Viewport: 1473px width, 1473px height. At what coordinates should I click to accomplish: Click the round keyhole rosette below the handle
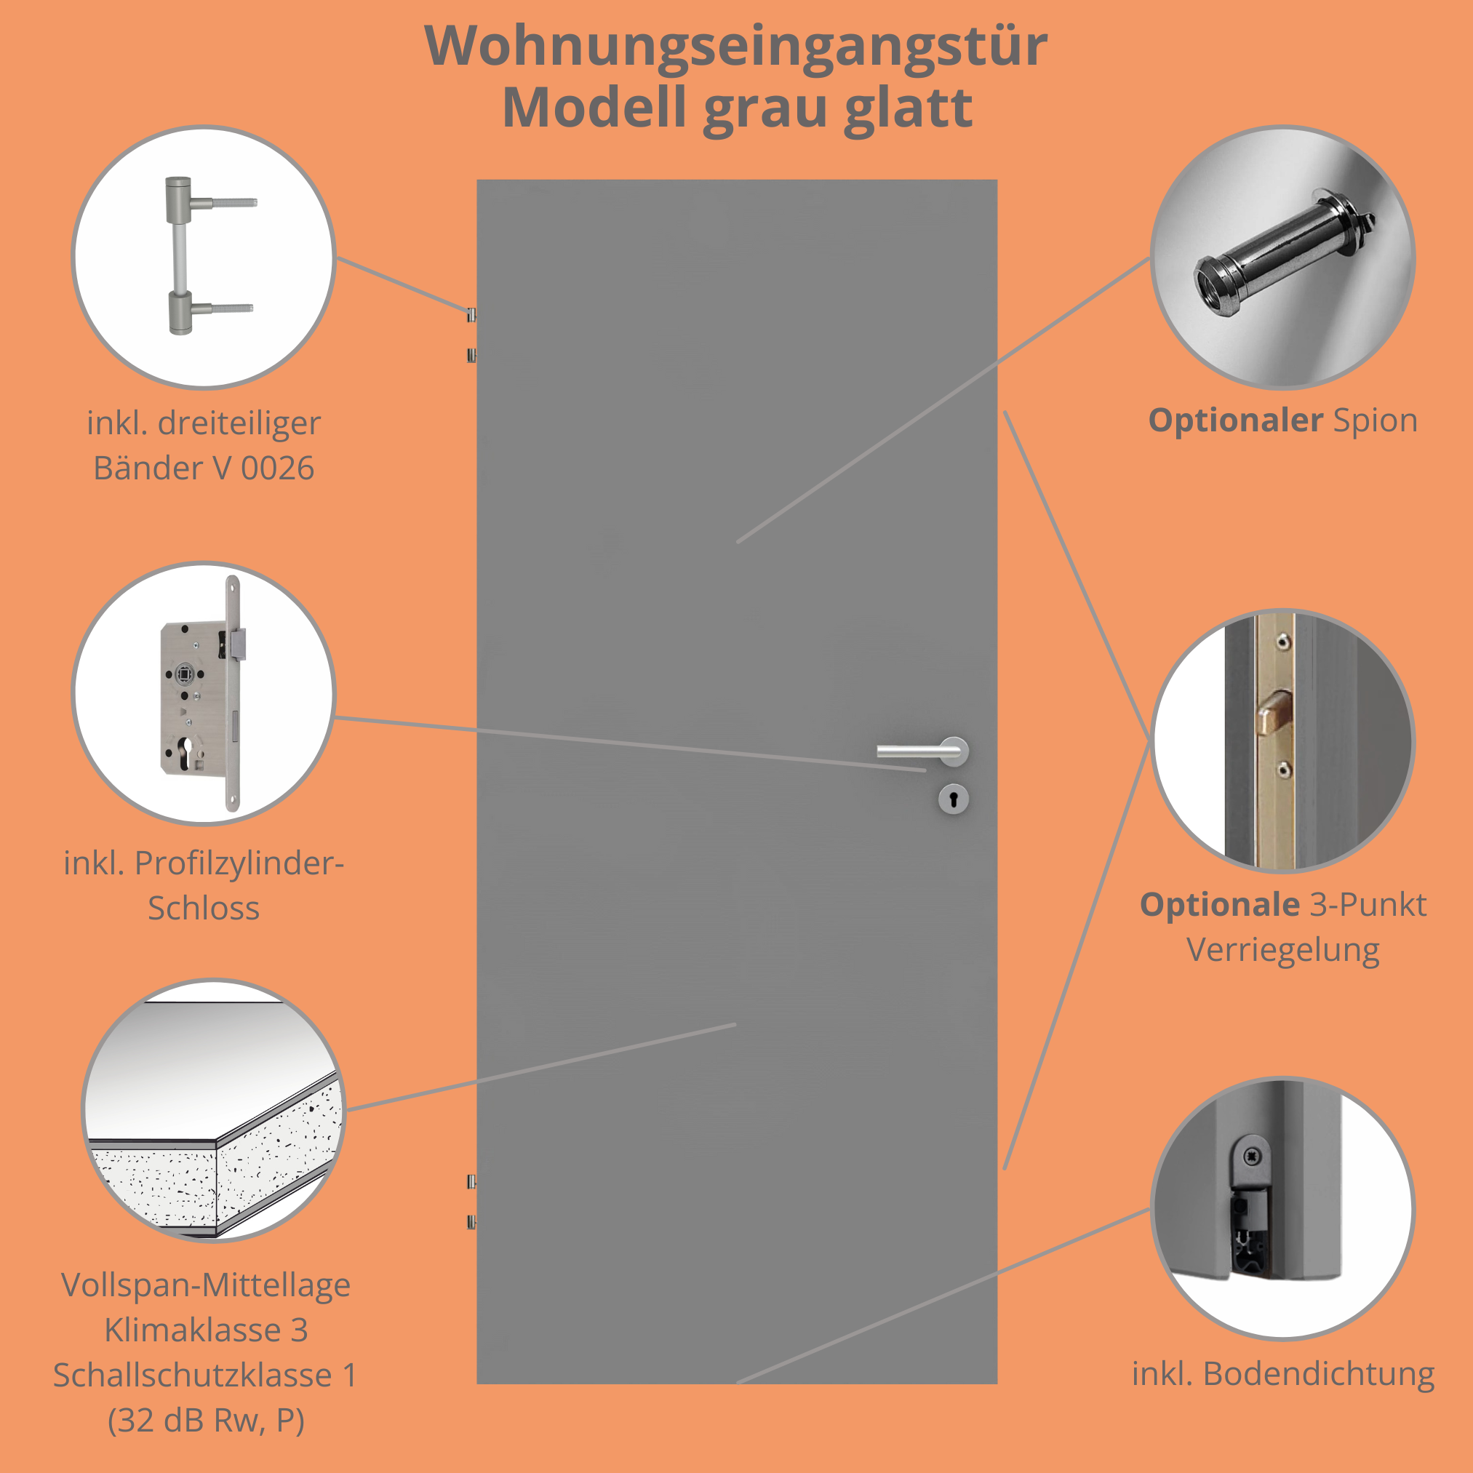click(x=953, y=799)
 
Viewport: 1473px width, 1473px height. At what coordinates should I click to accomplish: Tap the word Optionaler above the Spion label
click(x=1235, y=421)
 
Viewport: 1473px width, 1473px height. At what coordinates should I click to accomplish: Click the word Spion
click(x=1375, y=421)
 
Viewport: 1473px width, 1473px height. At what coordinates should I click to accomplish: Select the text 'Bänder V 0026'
click(x=204, y=468)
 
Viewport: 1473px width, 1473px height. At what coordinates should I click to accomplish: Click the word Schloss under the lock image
click(x=204, y=908)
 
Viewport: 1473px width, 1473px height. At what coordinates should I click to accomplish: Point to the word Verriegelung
click(x=1282, y=950)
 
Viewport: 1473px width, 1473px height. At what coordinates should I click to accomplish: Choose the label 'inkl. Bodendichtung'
click(x=1282, y=1374)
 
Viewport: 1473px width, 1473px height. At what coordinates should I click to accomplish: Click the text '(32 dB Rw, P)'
click(x=206, y=1420)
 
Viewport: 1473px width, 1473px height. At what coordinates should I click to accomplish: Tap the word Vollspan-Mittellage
click(x=206, y=1285)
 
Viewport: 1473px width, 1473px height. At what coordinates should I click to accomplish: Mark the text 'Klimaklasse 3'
click(x=206, y=1330)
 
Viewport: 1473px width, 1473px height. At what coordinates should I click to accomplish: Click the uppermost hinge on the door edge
click(x=472, y=314)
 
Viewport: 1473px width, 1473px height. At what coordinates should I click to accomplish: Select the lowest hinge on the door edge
click(x=472, y=1222)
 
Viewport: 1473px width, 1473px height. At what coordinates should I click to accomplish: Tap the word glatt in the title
click(x=908, y=108)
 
